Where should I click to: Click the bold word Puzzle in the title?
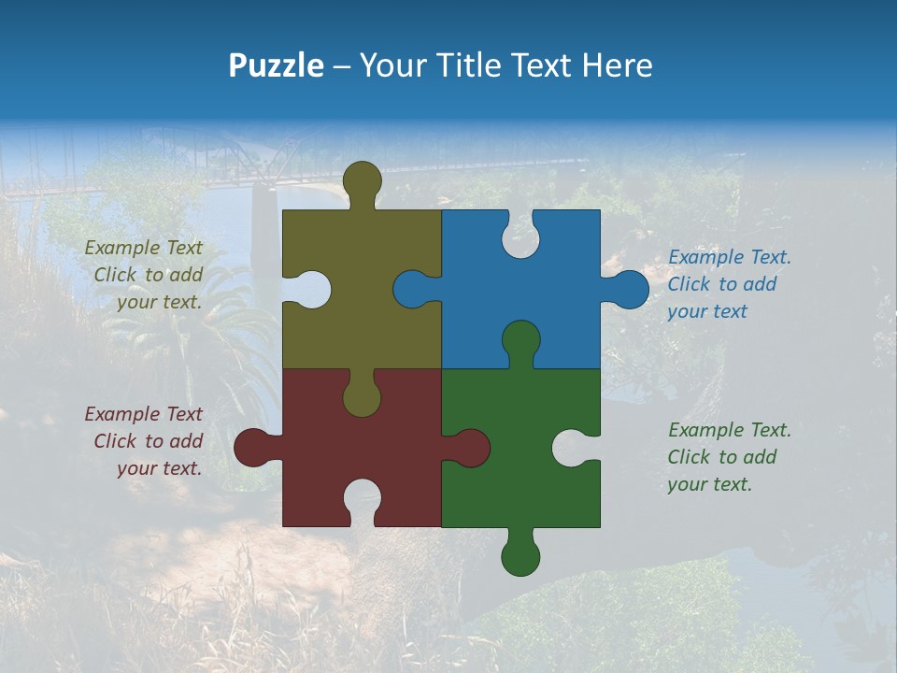pos(276,65)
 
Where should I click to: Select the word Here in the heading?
pos(617,65)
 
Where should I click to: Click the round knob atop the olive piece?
pos(362,179)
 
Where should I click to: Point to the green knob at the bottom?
pos(520,557)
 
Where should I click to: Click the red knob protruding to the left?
pos(252,448)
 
